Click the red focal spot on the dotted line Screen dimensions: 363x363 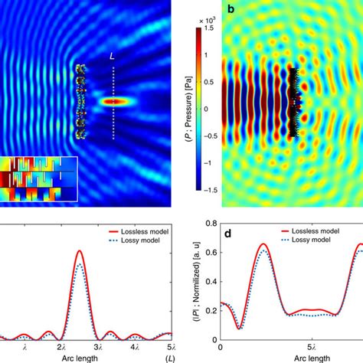pos(114,101)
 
